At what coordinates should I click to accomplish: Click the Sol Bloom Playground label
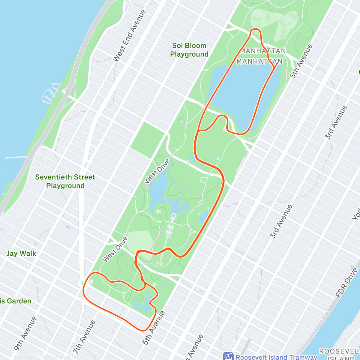point(189,50)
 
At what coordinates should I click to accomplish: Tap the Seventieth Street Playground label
point(65,181)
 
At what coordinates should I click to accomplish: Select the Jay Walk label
point(21,253)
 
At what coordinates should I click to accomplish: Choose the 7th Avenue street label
point(84,337)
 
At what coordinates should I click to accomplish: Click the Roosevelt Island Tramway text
point(276,357)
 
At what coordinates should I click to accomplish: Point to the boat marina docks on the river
point(49,93)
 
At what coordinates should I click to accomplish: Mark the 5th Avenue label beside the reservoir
point(301,61)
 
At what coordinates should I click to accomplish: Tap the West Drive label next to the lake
point(157,171)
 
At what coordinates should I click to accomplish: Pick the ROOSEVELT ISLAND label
point(339,354)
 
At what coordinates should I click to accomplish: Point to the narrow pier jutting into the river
point(16,157)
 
